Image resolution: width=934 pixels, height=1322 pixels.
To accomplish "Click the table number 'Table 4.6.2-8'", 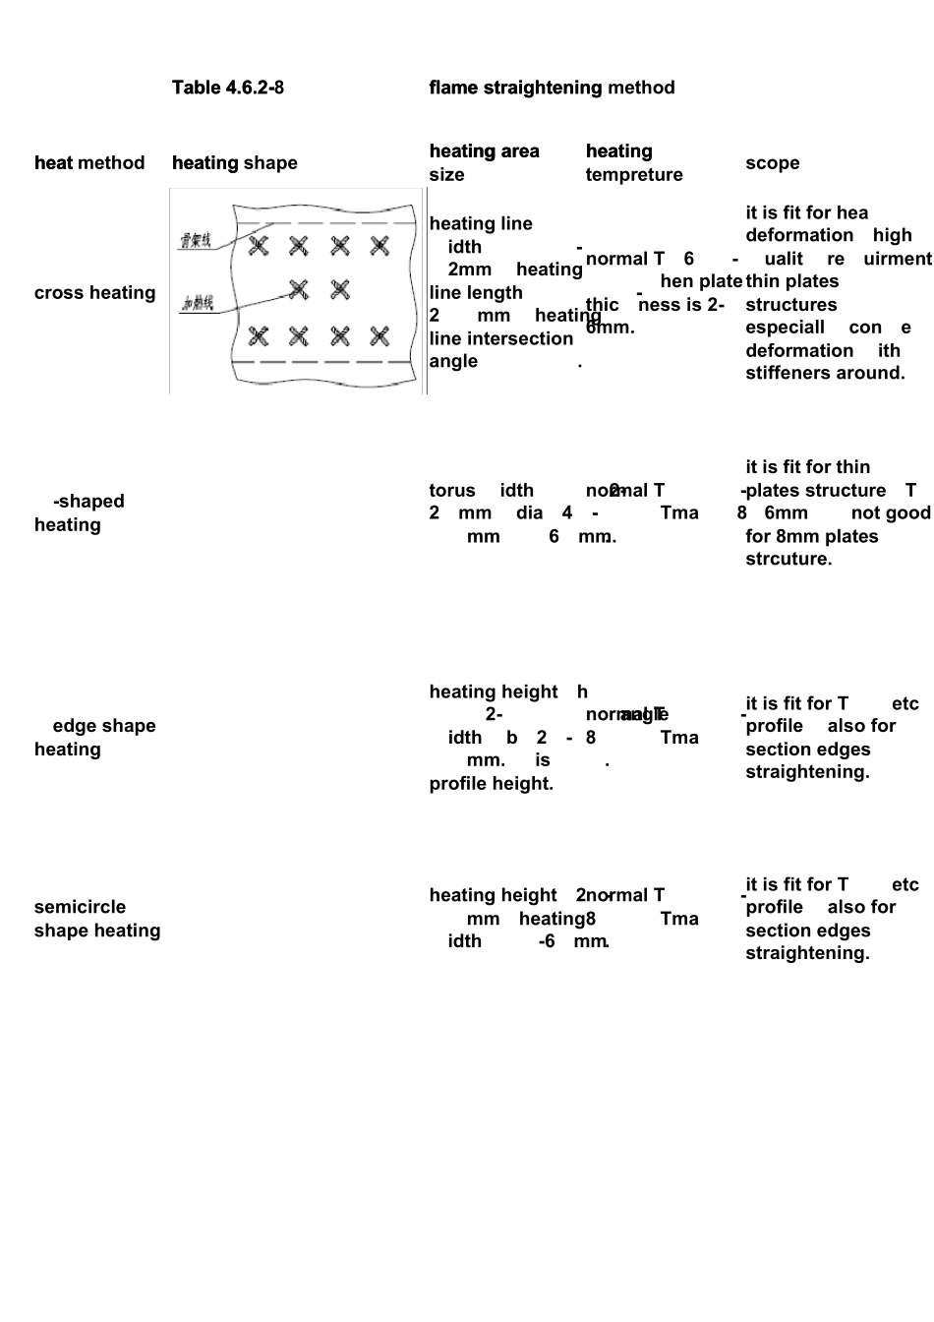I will tap(227, 88).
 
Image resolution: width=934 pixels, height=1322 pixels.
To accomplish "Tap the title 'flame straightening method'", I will tap(552, 88).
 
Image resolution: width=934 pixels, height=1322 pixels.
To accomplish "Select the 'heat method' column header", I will tap(89, 163).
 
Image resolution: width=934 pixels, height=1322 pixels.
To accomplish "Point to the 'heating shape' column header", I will tap(234, 163).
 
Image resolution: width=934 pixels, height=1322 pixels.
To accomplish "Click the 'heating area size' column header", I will tap(484, 162).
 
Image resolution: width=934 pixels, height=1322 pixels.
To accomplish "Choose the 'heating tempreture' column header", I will tap(633, 162).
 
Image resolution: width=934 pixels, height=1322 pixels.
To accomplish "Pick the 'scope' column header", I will tap(772, 163).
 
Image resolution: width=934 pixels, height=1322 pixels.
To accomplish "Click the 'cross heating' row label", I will tap(94, 293).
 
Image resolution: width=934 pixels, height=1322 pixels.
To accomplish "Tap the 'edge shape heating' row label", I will tap(94, 738).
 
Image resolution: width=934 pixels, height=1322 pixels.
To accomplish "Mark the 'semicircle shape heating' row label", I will tap(96, 919).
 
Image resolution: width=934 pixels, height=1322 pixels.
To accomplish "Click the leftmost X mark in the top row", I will tap(259, 246).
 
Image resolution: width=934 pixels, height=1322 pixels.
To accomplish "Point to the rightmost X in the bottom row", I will tap(379, 337).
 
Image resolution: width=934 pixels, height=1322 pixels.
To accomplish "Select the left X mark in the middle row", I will tap(299, 289).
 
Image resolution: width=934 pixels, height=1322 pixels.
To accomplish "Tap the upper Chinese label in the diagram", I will tap(196, 240).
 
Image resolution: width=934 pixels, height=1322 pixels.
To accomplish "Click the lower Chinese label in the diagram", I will tap(197, 303).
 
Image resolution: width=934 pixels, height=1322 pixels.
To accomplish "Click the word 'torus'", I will tap(452, 491).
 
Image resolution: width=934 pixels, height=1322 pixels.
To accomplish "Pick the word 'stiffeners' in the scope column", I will tap(792, 373).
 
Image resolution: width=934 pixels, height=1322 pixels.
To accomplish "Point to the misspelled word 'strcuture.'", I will tap(788, 559).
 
